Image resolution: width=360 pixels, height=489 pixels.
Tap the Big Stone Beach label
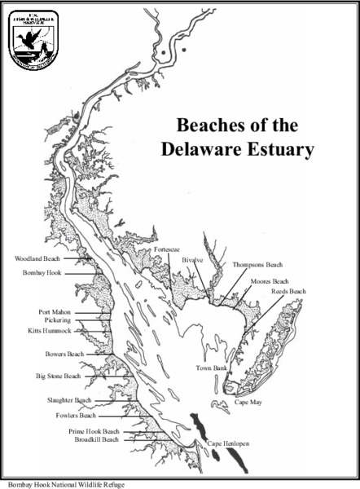tap(58, 377)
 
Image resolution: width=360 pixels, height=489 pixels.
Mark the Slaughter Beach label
tap(72, 400)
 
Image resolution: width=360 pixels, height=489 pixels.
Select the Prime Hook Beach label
tap(94, 431)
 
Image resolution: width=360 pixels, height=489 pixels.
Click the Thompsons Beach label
tap(257, 265)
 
